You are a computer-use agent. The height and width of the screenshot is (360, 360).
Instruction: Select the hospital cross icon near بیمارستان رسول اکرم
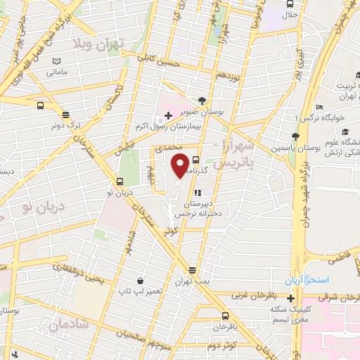(167, 115)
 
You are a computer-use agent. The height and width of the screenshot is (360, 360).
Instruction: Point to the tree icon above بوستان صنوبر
(202, 101)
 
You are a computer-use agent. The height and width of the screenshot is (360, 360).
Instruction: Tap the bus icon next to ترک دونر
(65, 114)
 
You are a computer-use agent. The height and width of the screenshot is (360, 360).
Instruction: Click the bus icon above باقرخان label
(225, 316)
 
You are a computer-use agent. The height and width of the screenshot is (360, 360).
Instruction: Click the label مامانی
(56, 72)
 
